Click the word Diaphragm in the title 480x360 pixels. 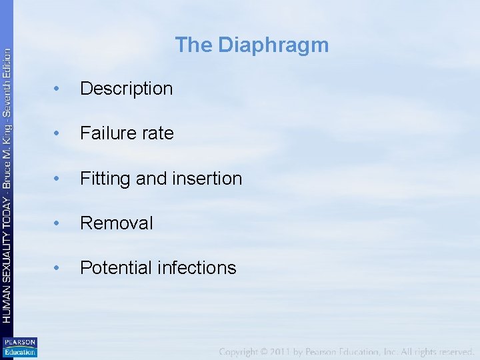point(273,45)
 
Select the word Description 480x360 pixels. point(126,89)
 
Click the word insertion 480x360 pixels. point(207,179)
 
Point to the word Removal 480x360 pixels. point(116,223)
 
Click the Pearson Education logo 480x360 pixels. point(19,347)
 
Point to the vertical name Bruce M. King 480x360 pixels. point(7,160)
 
